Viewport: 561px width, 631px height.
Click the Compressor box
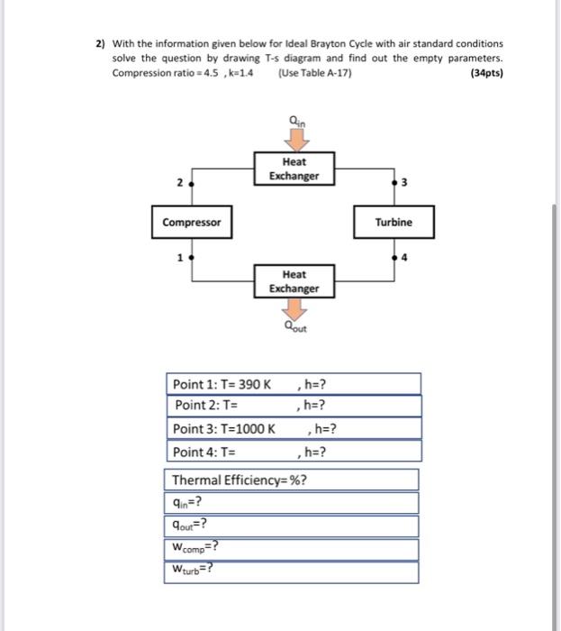click(191, 222)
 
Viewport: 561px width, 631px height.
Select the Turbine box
click(394, 222)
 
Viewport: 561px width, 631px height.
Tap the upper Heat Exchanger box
click(294, 169)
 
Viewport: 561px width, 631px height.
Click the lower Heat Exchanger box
click(294, 281)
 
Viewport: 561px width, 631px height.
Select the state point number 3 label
click(404, 184)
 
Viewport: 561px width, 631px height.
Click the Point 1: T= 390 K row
click(294, 384)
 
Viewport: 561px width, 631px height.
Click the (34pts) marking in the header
click(486, 73)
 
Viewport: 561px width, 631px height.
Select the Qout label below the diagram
click(294, 330)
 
